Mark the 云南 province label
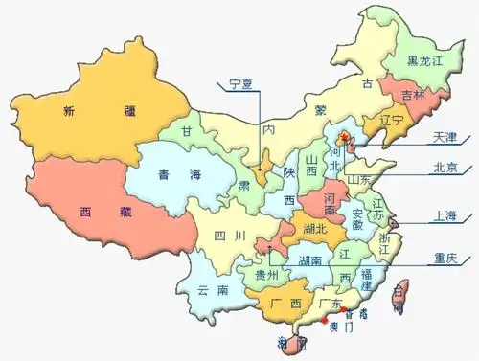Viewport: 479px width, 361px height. click(x=213, y=290)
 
